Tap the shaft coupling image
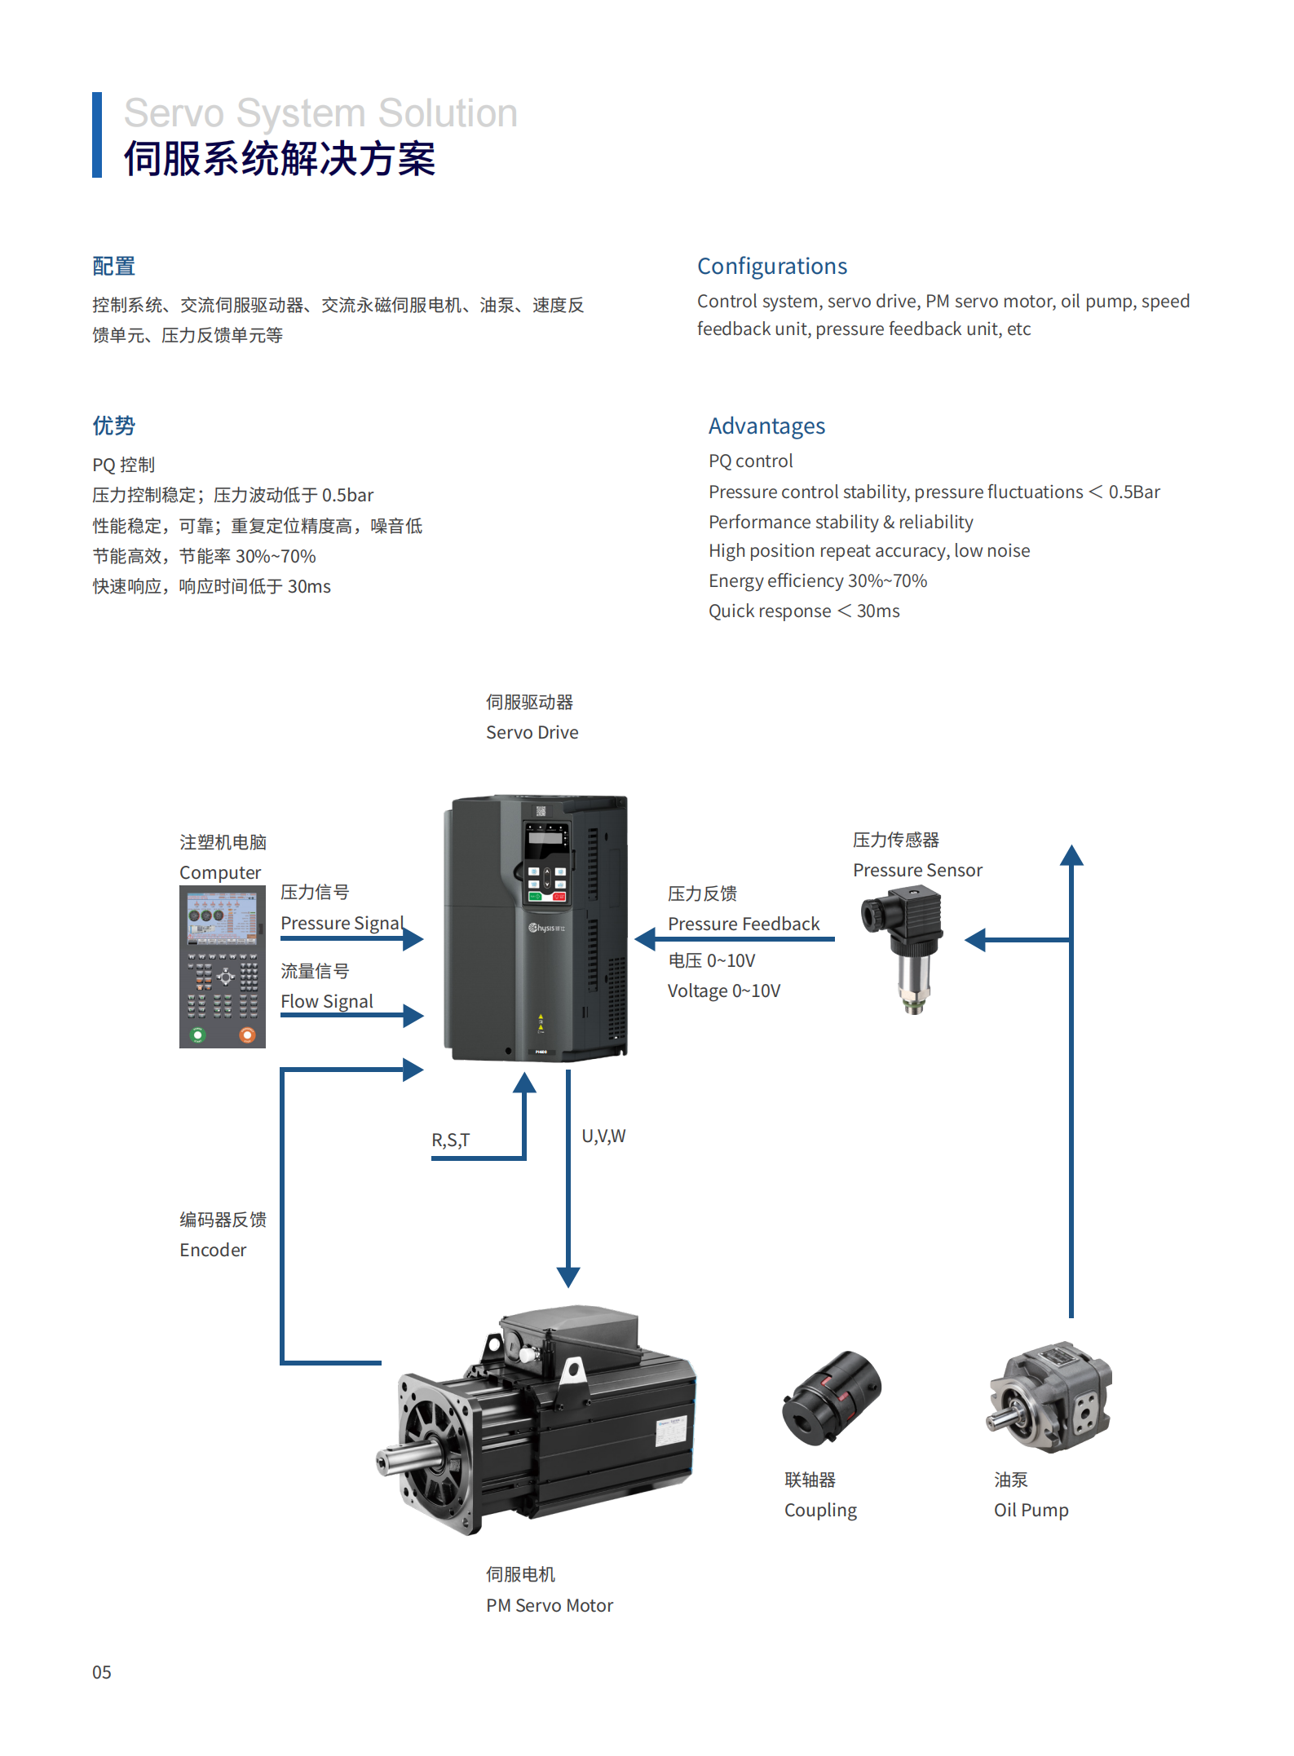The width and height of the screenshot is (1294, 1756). [832, 1399]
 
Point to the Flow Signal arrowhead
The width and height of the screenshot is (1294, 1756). [413, 1016]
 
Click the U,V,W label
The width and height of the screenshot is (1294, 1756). [603, 1136]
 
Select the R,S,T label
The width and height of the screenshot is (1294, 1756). [451, 1140]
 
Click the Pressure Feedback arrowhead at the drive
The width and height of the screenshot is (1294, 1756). [646, 939]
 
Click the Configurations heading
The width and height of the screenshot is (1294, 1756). [771, 267]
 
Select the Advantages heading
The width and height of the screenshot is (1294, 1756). [766, 426]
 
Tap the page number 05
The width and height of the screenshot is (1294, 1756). [101, 1673]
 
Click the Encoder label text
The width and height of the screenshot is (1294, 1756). [213, 1251]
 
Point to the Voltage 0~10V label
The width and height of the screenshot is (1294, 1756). [723, 991]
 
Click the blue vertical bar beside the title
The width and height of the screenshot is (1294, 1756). [97, 135]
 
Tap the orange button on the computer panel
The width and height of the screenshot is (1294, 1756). [247, 1035]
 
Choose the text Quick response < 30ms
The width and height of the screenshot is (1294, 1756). [803, 611]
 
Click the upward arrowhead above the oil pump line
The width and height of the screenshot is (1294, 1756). [1071, 855]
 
